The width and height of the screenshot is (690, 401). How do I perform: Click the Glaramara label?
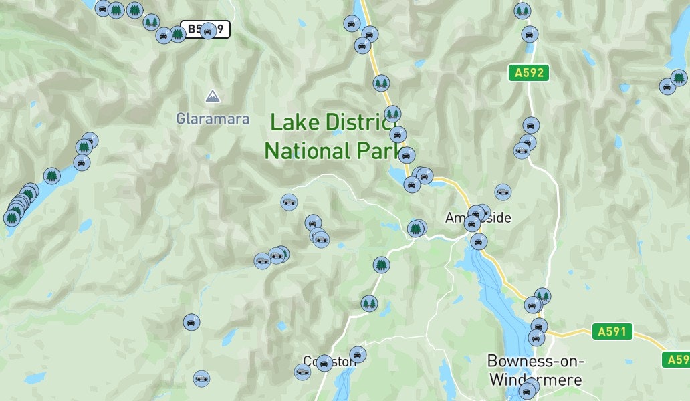pyautogui.click(x=212, y=119)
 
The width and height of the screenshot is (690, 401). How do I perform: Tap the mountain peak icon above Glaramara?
pyautogui.click(x=212, y=96)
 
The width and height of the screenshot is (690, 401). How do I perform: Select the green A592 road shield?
pyautogui.click(x=528, y=72)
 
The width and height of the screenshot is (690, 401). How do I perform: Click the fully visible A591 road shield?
pyautogui.click(x=612, y=331)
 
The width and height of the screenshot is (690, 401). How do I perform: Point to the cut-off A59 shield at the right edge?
pyautogui.click(x=676, y=360)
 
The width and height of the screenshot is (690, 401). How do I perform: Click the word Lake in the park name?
pyautogui.click(x=294, y=123)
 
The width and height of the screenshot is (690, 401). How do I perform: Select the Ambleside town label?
pyautogui.click(x=478, y=218)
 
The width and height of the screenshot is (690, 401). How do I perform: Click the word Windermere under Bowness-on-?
pyautogui.click(x=536, y=380)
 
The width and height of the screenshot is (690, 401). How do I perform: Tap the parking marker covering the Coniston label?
pyautogui.click(x=324, y=363)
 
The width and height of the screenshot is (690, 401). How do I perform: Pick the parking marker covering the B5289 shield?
pyautogui.click(x=208, y=30)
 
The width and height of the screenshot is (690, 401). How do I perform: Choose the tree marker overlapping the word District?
pyautogui.click(x=392, y=114)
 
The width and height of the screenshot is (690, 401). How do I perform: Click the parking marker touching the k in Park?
pyautogui.click(x=407, y=156)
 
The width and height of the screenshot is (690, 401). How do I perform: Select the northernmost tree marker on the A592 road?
pyautogui.click(x=522, y=11)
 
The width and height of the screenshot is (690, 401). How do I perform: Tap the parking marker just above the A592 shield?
pyautogui.click(x=530, y=35)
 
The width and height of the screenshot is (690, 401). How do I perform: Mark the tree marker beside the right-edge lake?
pyautogui.click(x=679, y=78)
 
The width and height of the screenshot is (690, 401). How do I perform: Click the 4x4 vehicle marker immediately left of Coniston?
pyautogui.click(x=303, y=372)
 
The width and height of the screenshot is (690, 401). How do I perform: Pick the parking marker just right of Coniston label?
pyautogui.click(x=358, y=354)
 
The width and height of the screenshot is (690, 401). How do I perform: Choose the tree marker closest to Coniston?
pyautogui.click(x=369, y=304)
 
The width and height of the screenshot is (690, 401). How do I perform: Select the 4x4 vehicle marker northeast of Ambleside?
pyautogui.click(x=503, y=192)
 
